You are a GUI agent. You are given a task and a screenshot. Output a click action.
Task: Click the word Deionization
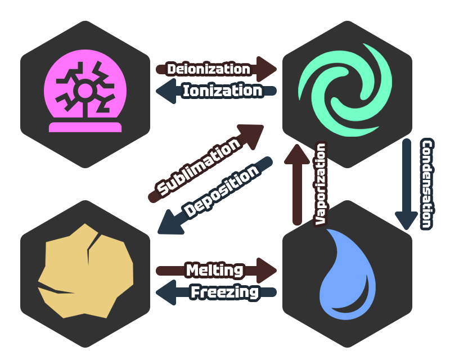pos(209,69)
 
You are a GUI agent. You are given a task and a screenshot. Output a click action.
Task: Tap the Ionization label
pos(222,91)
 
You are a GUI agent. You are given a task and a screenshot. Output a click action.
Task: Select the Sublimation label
pos(199,168)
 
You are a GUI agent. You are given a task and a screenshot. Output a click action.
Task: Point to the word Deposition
pos(222,191)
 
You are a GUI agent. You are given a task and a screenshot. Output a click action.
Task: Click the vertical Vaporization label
pos(321,184)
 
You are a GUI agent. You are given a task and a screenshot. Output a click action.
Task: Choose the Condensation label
pos(427,184)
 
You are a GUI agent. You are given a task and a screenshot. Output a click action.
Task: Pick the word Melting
pos(214,270)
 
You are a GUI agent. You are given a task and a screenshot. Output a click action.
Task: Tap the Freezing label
pos(224,292)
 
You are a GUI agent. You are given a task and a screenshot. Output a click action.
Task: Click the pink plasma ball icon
pos(85,90)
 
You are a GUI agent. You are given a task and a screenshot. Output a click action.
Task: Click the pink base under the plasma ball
pos(85,127)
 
